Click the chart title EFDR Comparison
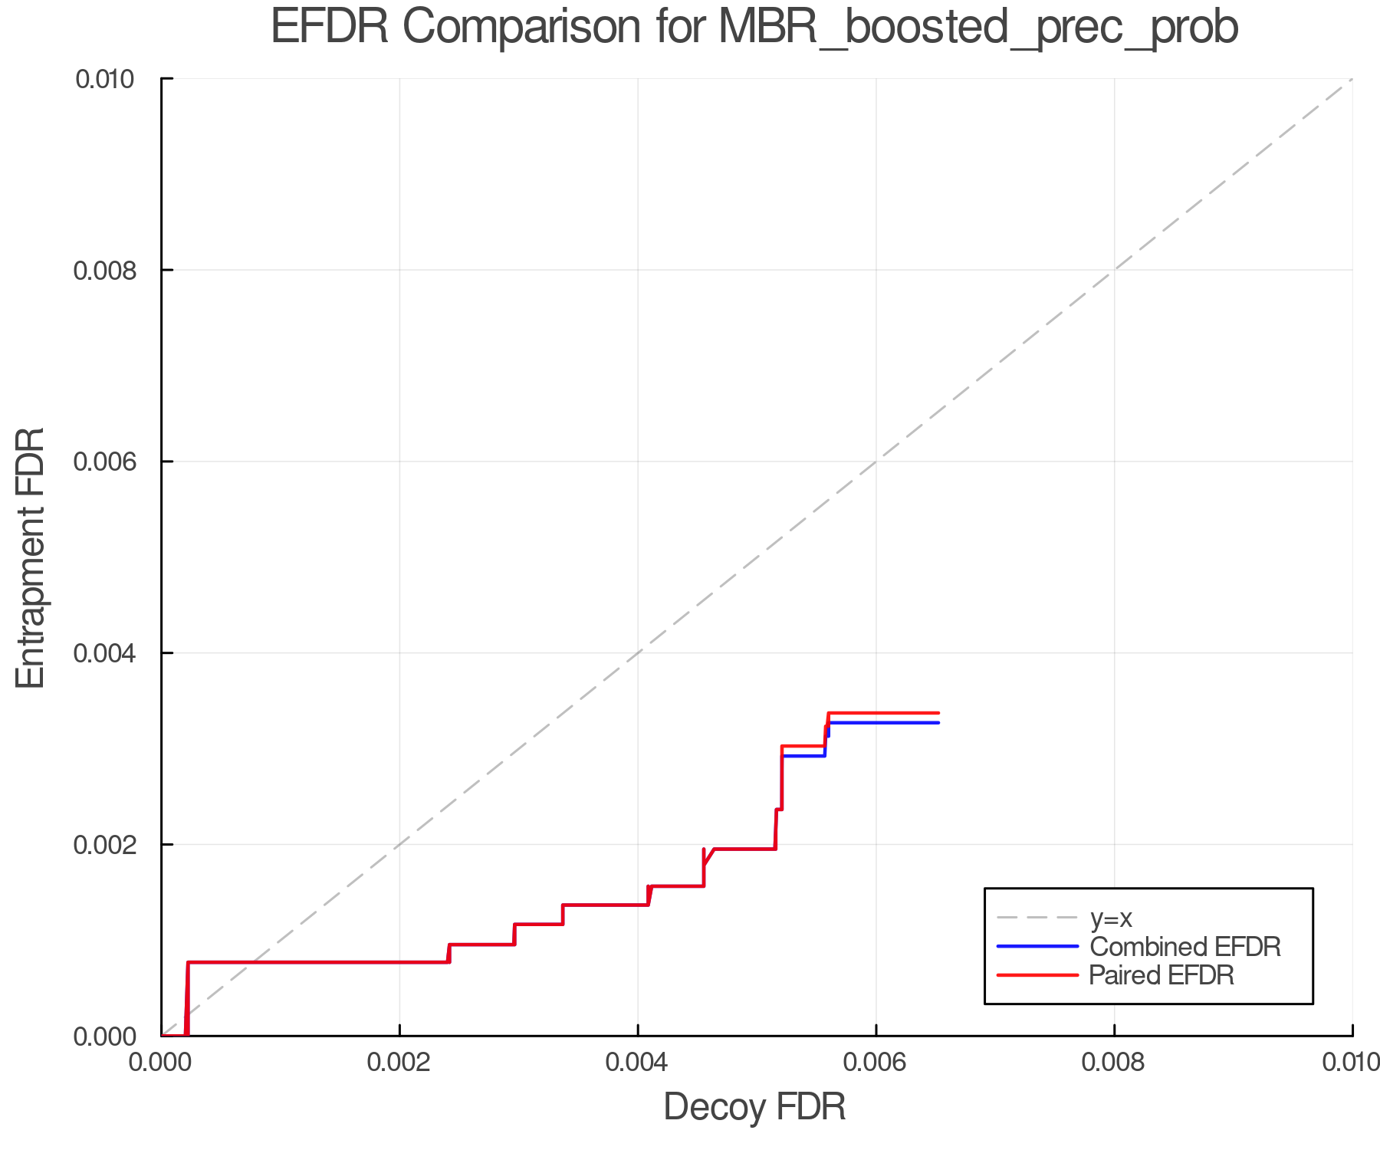tap(754, 28)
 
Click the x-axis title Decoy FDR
tap(754, 1106)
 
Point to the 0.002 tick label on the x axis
tap(399, 1062)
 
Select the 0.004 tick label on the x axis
tap(638, 1062)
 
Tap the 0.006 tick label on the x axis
tap(876, 1062)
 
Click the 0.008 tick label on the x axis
tap(1114, 1062)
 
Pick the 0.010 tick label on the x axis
tap(1351, 1062)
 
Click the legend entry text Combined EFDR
tap(1184, 947)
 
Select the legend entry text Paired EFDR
tap(1161, 975)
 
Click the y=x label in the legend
tap(1111, 918)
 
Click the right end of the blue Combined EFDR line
tap(938, 723)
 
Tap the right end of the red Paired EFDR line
tap(938, 713)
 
